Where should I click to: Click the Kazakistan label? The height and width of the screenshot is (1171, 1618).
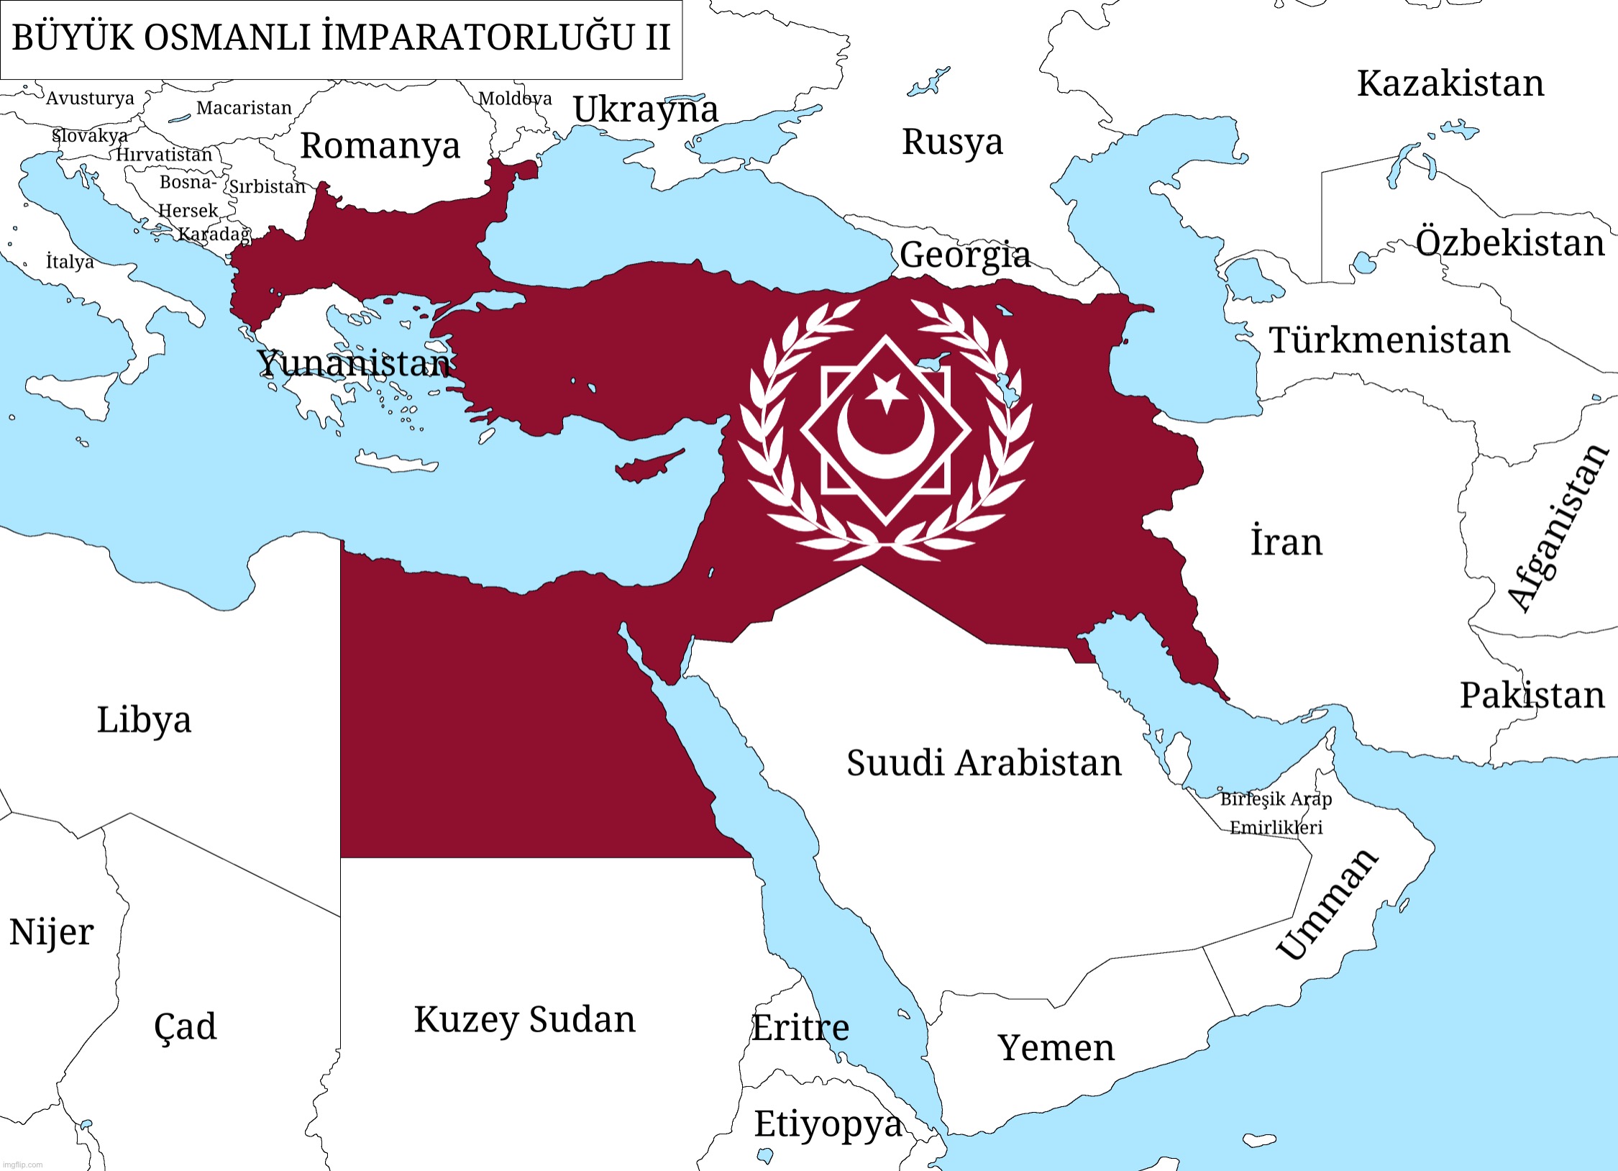tap(1450, 83)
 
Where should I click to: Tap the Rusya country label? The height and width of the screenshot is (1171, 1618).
tap(952, 142)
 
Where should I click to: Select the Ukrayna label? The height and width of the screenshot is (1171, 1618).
tap(646, 110)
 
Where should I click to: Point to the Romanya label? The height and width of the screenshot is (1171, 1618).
tap(380, 146)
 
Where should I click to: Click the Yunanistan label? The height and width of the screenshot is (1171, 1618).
tap(354, 363)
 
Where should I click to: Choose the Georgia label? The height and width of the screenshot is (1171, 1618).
tap(965, 255)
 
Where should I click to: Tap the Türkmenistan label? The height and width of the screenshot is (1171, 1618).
tap(1389, 340)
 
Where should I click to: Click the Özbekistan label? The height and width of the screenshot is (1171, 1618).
tap(1510, 243)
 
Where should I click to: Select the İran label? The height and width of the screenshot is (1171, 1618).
tap(1286, 542)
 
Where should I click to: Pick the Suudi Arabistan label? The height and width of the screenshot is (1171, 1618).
tap(984, 763)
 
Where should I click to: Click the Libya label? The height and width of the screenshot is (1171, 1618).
tap(144, 720)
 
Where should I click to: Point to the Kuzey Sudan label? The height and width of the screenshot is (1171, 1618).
tap(525, 1020)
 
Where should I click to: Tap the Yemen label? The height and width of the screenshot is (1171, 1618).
tap(1056, 1048)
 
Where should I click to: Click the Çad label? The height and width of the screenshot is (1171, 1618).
tap(185, 1026)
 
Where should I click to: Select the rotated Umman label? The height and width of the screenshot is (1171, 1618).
tap(1327, 904)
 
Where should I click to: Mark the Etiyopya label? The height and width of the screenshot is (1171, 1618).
tap(828, 1124)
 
